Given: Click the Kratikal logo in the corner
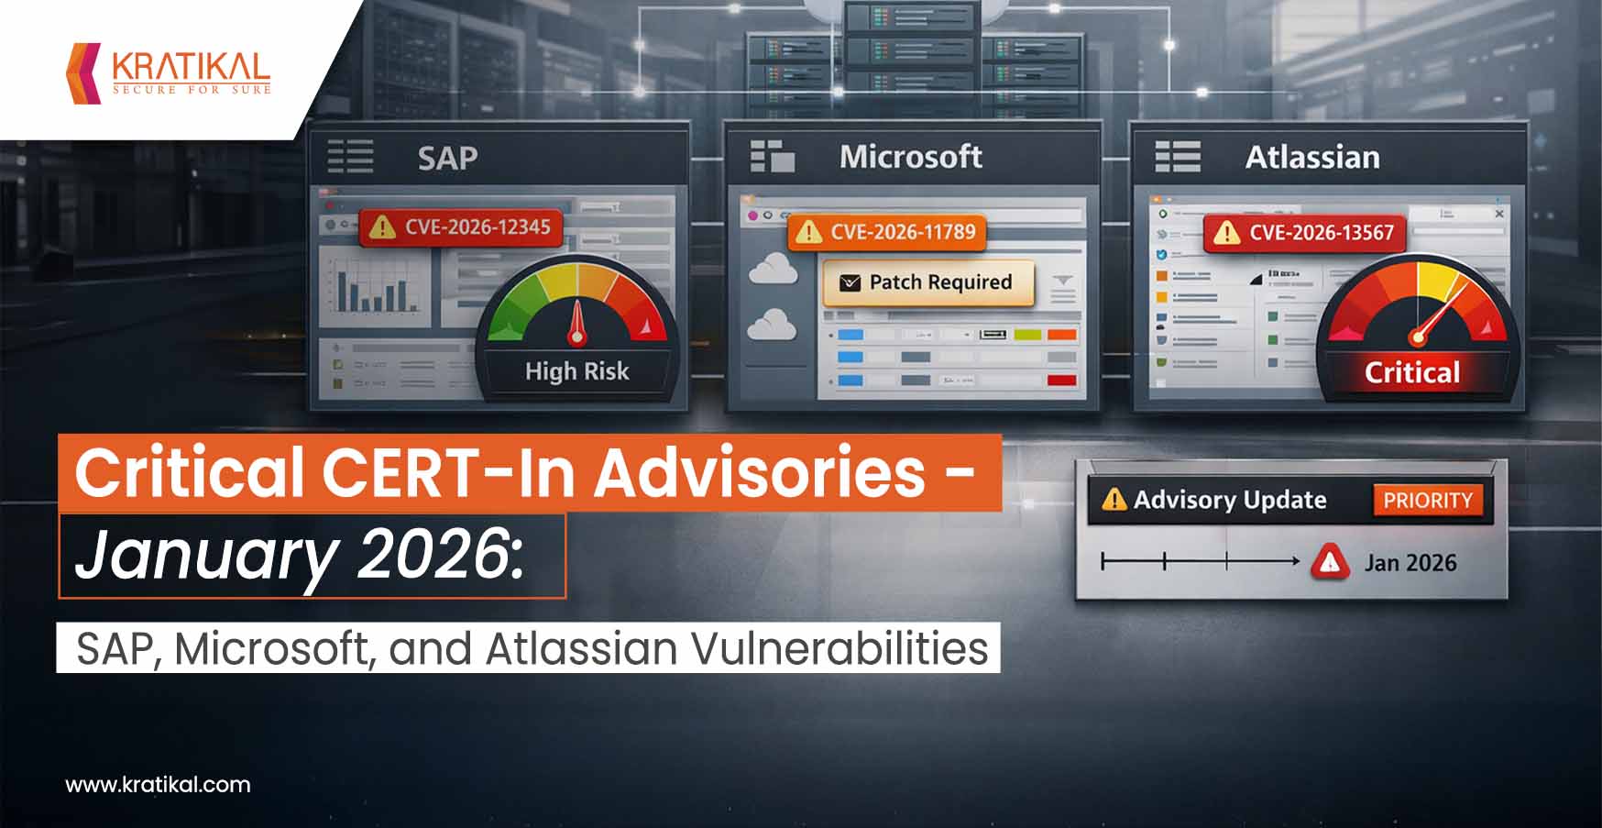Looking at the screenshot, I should click(x=170, y=72).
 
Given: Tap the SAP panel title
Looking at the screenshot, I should click(x=447, y=158).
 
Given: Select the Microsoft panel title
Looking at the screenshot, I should click(x=910, y=157).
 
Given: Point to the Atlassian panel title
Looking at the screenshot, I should click(x=1311, y=158).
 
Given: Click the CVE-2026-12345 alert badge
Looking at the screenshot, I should click(x=461, y=226).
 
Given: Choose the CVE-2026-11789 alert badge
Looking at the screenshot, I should click(x=887, y=232).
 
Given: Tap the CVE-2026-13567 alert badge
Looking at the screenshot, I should click(x=1304, y=233).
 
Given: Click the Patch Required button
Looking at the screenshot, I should click(x=928, y=282).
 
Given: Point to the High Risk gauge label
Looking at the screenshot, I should click(x=576, y=371).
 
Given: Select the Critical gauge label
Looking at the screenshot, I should click(x=1411, y=372).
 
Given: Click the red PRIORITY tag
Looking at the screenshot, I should click(x=1427, y=501).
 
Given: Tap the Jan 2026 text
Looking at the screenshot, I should click(x=1410, y=563).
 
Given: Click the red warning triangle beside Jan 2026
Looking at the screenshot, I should click(x=1330, y=562).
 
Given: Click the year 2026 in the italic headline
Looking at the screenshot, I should click(x=434, y=554).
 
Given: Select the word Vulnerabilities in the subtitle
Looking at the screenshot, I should click(x=839, y=648).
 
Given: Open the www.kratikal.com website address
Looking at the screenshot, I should click(x=158, y=785).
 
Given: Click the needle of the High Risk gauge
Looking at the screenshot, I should click(x=576, y=323).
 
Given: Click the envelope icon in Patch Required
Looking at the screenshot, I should click(x=850, y=282).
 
